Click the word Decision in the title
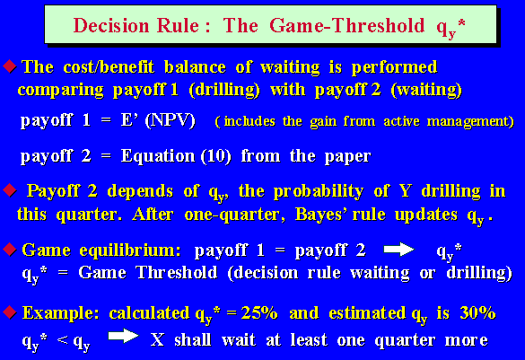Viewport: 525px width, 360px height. tap(111, 26)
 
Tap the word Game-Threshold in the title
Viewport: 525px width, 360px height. tap(347, 26)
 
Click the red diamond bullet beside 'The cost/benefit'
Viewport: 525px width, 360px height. tap(10, 66)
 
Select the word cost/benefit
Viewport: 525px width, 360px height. tap(109, 67)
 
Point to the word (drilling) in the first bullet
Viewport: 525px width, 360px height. tap(224, 90)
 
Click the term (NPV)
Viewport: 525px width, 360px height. tap(171, 120)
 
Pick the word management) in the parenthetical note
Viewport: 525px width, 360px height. tap(470, 121)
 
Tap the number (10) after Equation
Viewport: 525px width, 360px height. tap(216, 156)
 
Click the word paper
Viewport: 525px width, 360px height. tap(347, 157)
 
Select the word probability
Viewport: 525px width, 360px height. tap(319, 191)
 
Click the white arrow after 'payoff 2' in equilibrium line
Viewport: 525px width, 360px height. tap(398, 250)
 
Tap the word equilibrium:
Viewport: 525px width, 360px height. tap(130, 250)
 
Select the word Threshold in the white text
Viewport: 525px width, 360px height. tap(177, 272)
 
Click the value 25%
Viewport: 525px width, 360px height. tap(259, 313)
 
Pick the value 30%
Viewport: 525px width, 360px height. tap(477, 312)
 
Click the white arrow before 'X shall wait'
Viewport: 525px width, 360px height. tap(123, 336)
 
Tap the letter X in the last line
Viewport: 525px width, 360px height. tap(157, 340)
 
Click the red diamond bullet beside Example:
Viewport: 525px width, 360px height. tap(10, 312)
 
